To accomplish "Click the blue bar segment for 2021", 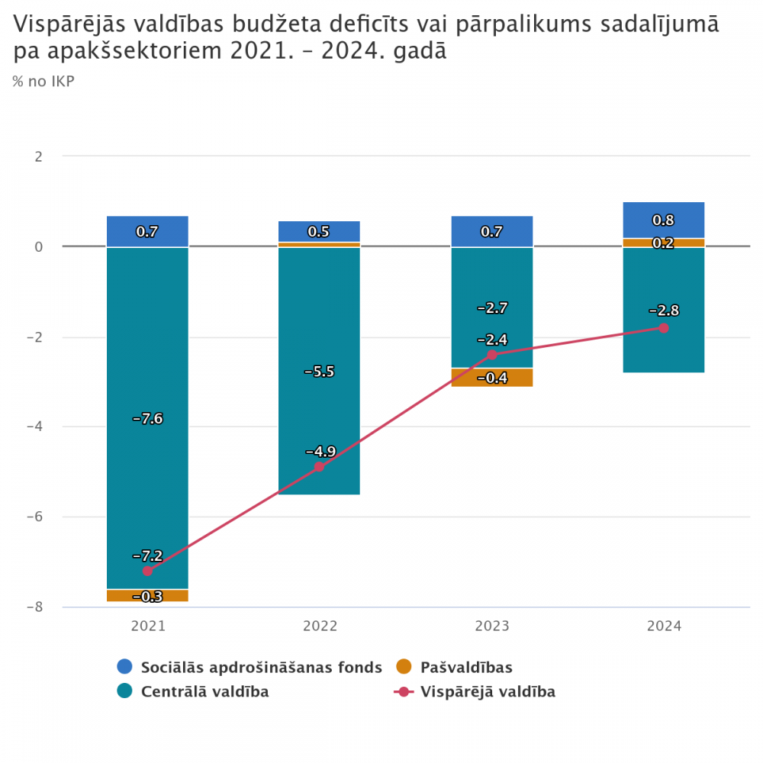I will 147,231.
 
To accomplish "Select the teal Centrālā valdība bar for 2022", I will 319,412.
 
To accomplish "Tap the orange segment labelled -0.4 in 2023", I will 492,378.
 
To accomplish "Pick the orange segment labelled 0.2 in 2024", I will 664,243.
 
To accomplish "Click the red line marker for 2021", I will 147,571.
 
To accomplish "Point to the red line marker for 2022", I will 319,467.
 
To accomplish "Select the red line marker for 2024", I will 664,328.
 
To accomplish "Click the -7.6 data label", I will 147,418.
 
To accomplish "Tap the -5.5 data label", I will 319,372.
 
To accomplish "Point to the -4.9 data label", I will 319,450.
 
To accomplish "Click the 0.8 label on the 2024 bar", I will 664,221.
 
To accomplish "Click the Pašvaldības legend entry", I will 466,668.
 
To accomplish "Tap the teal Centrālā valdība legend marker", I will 125,692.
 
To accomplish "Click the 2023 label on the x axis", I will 492,626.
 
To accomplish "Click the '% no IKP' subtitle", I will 43,81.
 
